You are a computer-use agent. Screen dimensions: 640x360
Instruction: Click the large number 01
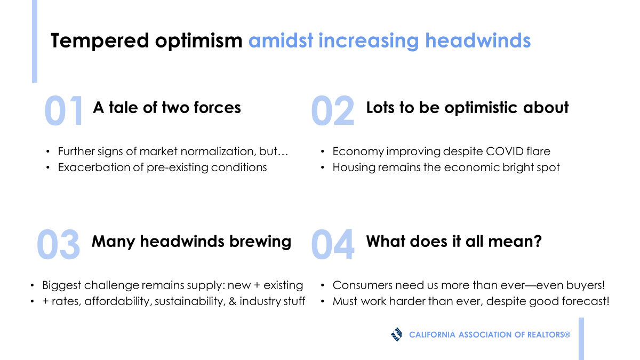click(63, 111)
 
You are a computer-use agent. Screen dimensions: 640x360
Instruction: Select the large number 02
click(333, 111)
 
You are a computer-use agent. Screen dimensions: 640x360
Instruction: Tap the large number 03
click(58, 245)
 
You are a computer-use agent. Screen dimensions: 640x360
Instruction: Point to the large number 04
click(333, 245)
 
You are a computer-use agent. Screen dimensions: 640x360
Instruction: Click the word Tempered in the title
click(100, 41)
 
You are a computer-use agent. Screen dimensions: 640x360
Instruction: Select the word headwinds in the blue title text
click(478, 41)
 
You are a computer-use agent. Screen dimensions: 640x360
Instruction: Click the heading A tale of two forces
click(167, 108)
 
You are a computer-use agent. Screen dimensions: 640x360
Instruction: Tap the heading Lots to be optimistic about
click(467, 108)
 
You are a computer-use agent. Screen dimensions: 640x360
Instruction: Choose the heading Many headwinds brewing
click(191, 242)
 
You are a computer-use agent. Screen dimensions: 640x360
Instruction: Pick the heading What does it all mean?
click(454, 242)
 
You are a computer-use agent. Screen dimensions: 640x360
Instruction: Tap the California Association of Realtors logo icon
click(397, 334)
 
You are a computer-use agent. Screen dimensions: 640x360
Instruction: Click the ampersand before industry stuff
click(233, 301)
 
